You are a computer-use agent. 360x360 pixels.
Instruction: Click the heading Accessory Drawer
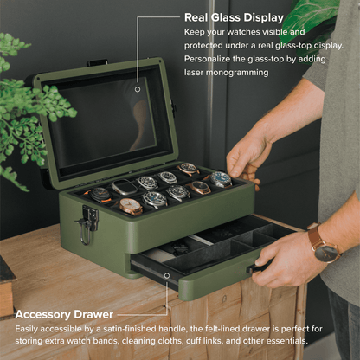(x=65, y=314)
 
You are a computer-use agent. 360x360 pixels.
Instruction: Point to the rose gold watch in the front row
(x=131, y=207)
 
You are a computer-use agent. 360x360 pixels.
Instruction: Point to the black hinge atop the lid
(x=95, y=62)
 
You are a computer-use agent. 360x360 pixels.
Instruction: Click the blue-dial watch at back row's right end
(x=221, y=179)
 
